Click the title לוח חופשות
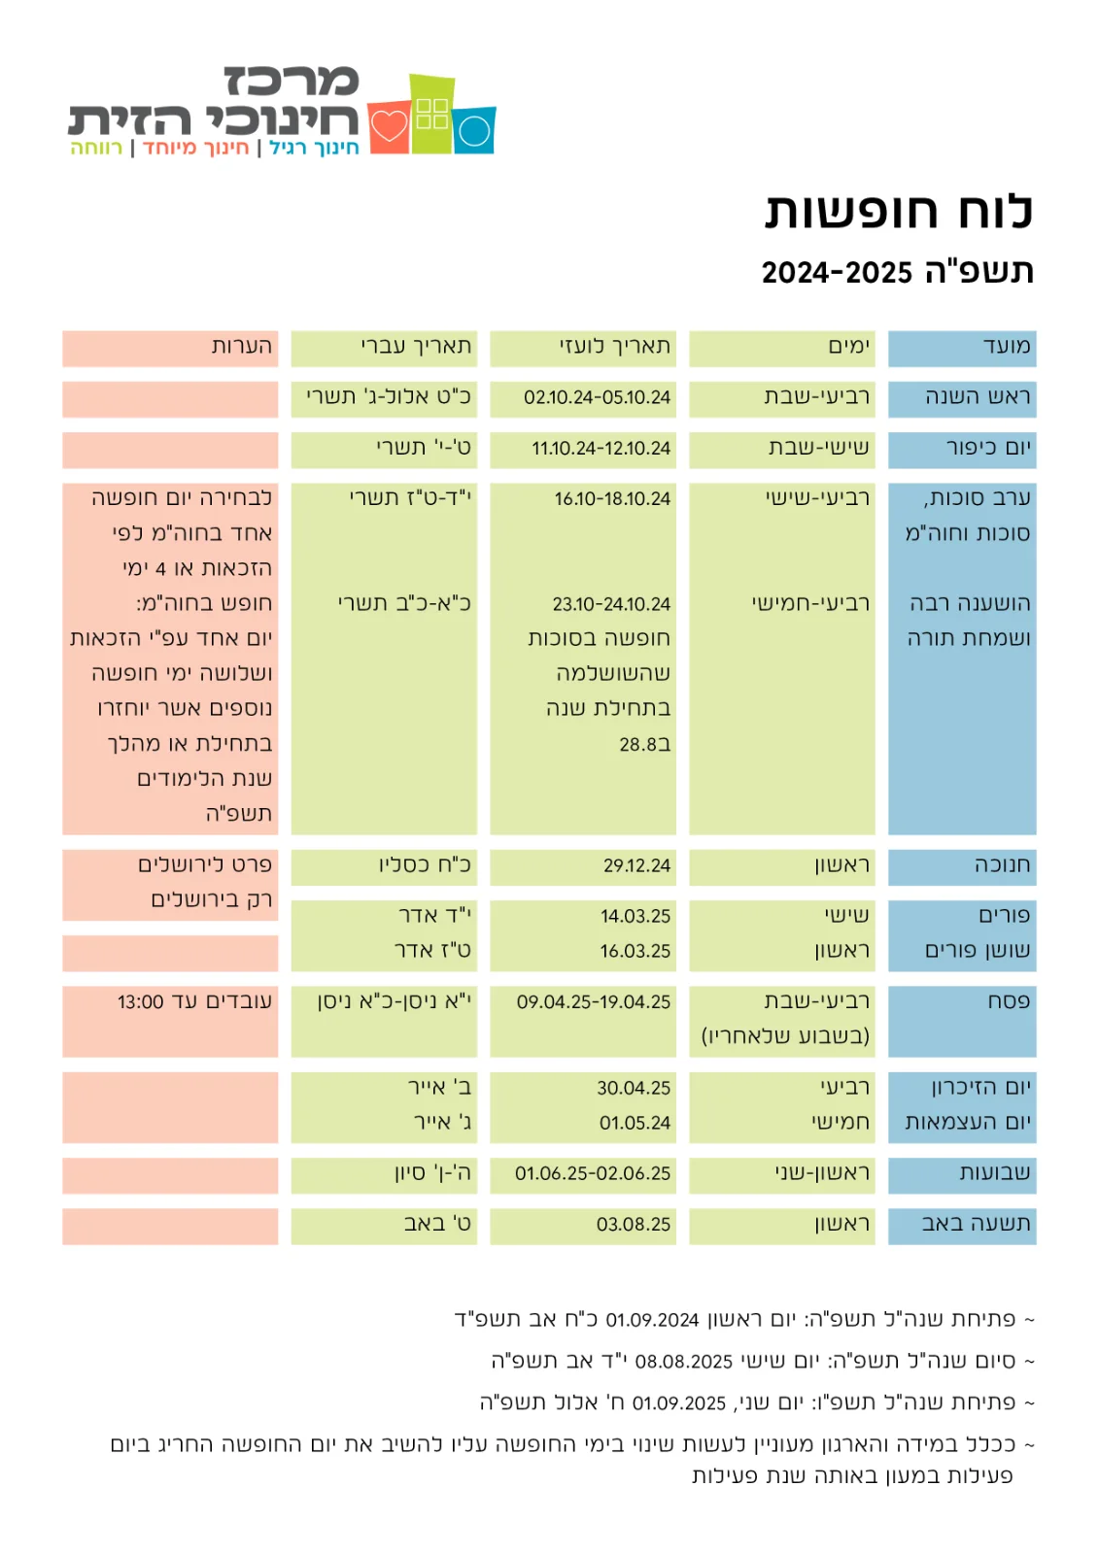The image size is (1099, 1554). [899, 212]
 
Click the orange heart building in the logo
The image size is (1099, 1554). [389, 126]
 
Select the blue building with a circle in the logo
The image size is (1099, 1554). [475, 130]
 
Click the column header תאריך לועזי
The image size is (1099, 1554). [614, 347]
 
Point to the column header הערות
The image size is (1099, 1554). [242, 347]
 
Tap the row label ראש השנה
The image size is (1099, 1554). [977, 397]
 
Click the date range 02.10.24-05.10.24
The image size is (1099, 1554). [597, 397]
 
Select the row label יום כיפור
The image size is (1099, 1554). [988, 448]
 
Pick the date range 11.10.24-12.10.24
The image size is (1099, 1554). [601, 449]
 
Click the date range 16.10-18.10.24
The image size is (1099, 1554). [612, 499]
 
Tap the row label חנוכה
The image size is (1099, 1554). [1002, 865]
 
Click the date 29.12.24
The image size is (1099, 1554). [636, 866]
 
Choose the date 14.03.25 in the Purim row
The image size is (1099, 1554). [635, 916]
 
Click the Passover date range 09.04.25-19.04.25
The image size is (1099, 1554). [593, 1002]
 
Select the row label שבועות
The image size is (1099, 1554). [994, 1173]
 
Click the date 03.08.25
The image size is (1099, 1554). [633, 1225]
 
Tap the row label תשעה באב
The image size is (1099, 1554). [976, 1224]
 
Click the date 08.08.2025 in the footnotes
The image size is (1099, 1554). [683, 1362]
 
